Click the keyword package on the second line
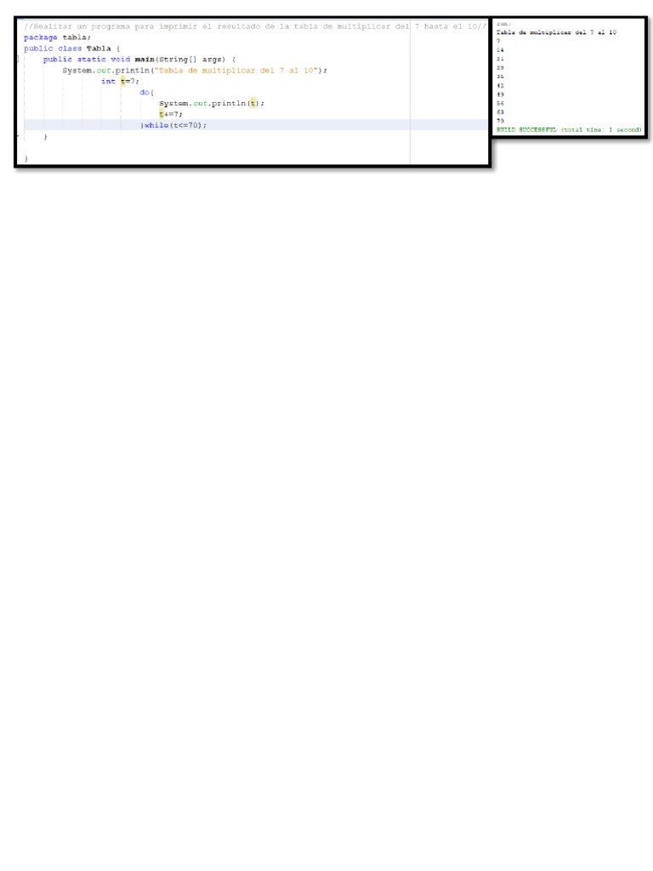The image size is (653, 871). click(41, 37)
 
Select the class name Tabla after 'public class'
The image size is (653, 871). click(99, 48)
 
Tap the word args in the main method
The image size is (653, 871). click(213, 60)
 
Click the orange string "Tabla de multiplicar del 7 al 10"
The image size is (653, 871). click(240, 71)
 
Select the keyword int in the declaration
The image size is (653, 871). click(108, 82)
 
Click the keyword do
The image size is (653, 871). click(146, 92)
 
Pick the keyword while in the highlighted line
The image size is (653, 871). click(156, 125)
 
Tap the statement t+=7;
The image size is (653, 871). click(170, 114)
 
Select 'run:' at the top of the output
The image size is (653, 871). click(503, 25)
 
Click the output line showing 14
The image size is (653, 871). click(500, 50)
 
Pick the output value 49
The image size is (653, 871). click(500, 94)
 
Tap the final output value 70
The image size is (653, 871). click(500, 121)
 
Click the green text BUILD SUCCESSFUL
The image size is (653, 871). click(526, 129)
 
